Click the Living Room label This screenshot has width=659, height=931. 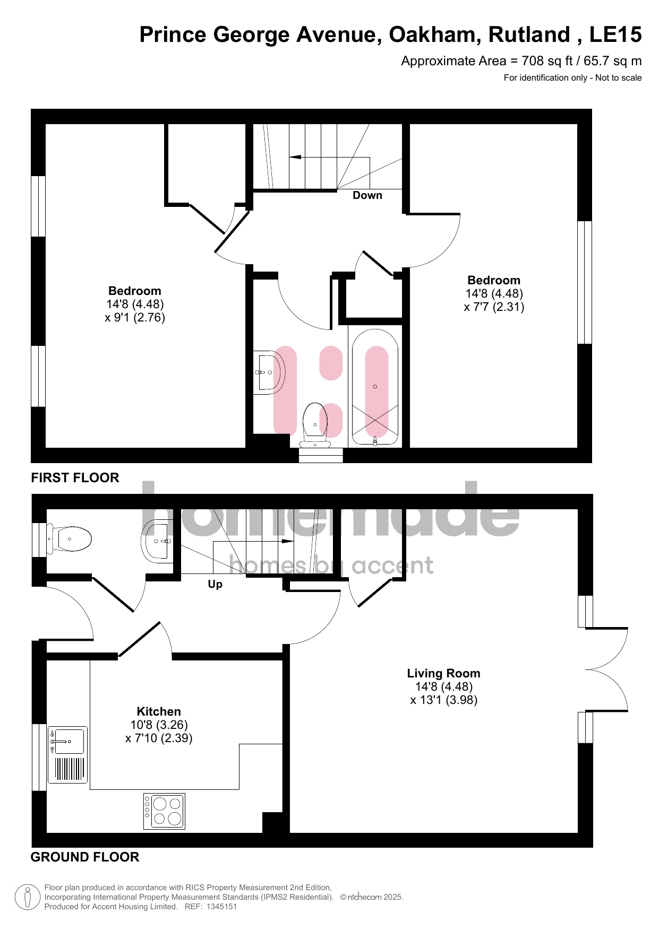(443, 674)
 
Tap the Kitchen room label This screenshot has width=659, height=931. (159, 712)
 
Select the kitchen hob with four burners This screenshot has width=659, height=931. (164, 811)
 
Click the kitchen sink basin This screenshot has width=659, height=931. (67, 741)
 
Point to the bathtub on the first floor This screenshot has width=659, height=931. (375, 387)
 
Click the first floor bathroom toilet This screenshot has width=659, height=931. (315, 425)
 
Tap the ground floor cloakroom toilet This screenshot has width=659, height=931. (70, 540)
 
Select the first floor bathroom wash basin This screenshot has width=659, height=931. (269, 372)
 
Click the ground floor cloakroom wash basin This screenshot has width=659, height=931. (157, 541)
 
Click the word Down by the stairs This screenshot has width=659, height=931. (367, 195)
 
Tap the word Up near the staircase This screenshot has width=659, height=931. (215, 585)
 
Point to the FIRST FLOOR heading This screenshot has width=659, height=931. (75, 478)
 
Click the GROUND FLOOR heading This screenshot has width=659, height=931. (85, 857)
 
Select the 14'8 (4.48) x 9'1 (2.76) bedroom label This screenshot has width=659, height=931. (135, 304)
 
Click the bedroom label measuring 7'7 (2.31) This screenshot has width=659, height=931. (494, 294)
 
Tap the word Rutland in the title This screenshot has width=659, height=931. (529, 35)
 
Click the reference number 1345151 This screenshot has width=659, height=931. (220, 907)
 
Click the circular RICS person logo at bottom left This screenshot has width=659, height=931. (28, 897)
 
